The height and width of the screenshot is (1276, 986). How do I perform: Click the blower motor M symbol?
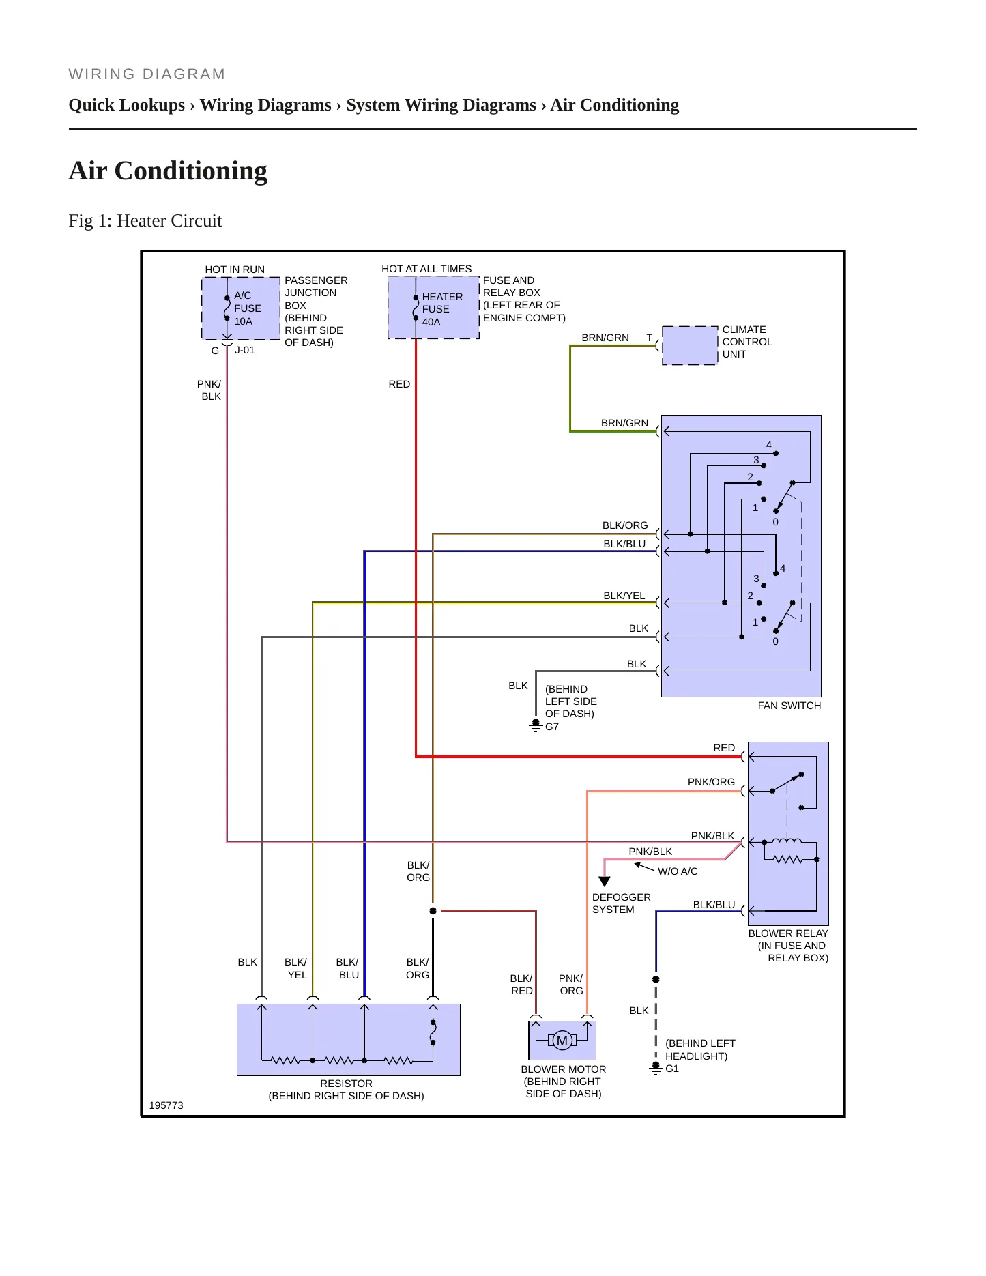click(562, 1040)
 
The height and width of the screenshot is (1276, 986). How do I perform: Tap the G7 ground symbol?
click(536, 726)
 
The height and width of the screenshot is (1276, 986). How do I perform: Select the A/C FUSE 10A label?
click(247, 308)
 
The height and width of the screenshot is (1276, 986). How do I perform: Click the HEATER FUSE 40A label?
click(442, 309)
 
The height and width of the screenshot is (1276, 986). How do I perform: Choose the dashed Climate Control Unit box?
click(690, 345)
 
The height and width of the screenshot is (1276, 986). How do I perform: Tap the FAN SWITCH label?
click(789, 706)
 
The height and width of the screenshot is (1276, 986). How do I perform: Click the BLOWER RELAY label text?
click(788, 933)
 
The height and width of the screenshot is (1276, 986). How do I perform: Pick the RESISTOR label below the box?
click(346, 1084)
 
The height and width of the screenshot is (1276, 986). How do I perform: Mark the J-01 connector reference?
click(245, 351)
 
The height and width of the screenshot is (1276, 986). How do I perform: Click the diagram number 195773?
click(166, 1105)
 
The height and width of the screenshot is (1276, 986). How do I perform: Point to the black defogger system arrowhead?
click(604, 882)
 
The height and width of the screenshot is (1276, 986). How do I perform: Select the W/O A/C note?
click(678, 871)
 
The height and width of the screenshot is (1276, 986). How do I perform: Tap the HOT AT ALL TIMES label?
click(426, 269)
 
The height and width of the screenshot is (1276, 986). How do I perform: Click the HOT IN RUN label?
click(235, 270)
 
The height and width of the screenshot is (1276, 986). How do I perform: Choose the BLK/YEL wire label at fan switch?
click(624, 596)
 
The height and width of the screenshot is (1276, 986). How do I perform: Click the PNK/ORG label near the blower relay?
click(711, 782)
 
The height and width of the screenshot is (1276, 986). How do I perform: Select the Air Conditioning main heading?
click(168, 171)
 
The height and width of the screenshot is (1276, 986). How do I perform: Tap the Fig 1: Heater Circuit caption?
click(145, 220)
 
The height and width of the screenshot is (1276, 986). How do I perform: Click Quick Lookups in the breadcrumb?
click(127, 105)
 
